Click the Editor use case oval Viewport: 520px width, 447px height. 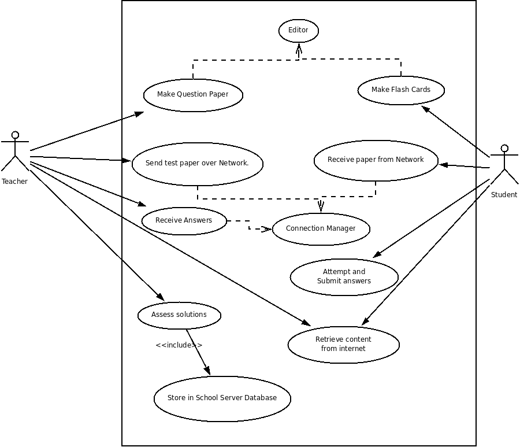coord(298,31)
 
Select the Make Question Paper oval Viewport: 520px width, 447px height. coord(193,95)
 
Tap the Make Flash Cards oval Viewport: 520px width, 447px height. coord(401,90)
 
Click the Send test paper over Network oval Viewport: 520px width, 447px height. coord(197,164)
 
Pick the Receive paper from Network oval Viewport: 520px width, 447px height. coord(376,160)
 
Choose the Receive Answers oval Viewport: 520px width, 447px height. coord(184,220)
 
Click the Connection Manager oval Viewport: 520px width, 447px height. coord(321,228)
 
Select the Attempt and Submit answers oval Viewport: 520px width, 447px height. coord(344,276)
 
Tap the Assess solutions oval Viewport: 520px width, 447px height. coord(179,315)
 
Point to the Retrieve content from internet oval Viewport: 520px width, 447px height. coord(343,344)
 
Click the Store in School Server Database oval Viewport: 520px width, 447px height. coord(222,398)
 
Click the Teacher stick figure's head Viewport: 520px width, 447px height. coord(15,135)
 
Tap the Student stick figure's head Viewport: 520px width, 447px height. coord(504,149)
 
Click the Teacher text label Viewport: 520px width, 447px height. coord(14,182)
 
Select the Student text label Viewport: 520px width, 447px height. coord(504,195)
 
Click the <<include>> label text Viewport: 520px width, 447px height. coord(179,345)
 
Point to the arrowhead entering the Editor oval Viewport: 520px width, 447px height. coord(299,49)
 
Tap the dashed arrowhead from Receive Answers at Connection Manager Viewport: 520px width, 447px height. coord(266,229)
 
